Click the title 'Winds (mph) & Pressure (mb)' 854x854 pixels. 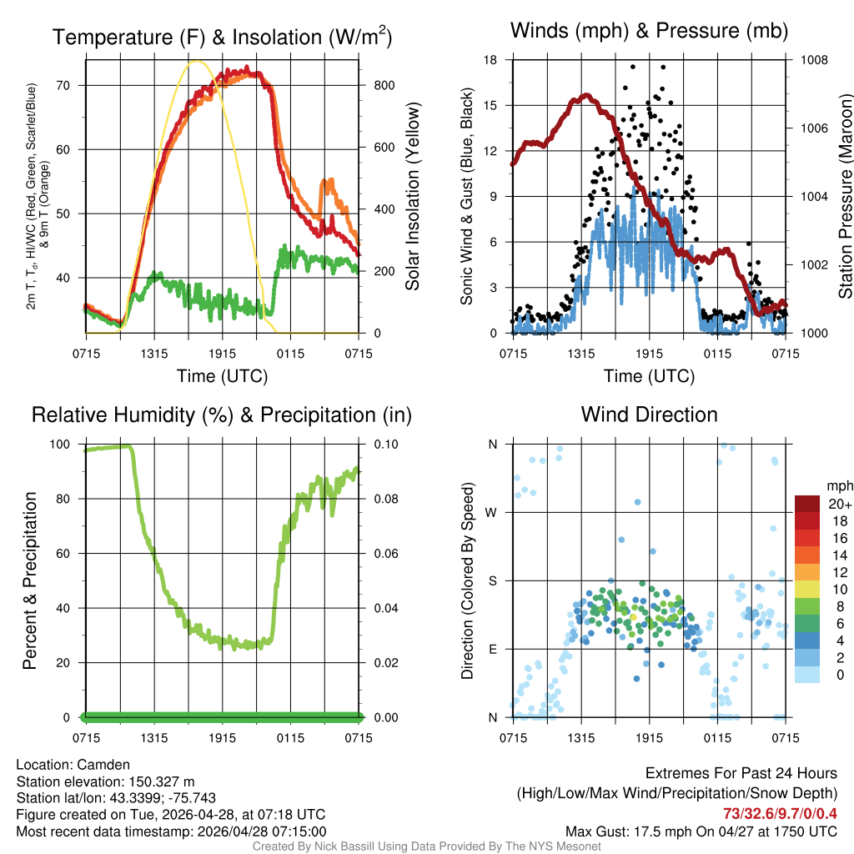(x=649, y=32)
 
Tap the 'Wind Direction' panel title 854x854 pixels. (x=649, y=414)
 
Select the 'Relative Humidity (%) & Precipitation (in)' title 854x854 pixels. (x=222, y=414)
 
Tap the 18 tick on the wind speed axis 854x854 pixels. (x=491, y=60)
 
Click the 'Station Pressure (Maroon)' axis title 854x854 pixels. (x=845, y=196)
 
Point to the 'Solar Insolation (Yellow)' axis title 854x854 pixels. (x=413, y=196)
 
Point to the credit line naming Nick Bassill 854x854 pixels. (x=427, y=846)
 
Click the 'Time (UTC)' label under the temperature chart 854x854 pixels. (x=222, y=376)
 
